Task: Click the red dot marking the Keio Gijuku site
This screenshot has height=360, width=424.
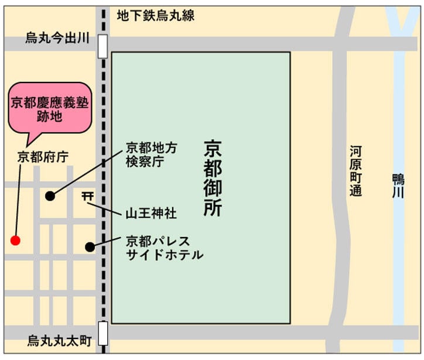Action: tap(16, 240)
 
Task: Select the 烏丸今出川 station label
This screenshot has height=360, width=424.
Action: tap(57, 38)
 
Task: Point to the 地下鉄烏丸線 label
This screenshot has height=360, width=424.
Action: tap(155, 16)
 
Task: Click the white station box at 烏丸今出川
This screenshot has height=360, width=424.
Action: tap(103, 45)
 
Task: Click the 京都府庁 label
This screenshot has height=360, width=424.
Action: tap(43, 156)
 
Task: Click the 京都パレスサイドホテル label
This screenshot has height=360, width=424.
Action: tap(164, 247)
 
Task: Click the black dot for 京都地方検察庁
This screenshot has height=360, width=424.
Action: tap(50, 196)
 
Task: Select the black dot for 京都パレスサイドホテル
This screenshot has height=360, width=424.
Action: tap(90, 247)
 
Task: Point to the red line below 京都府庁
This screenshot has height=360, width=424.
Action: tap(19, 199)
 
